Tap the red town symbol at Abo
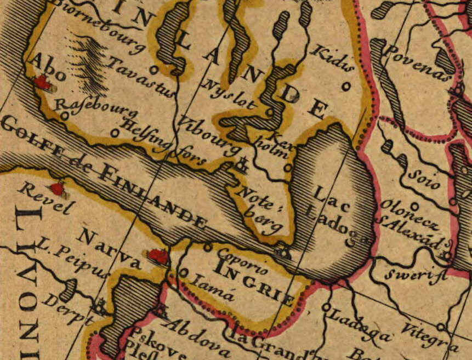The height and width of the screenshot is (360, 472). (x=42, y=83)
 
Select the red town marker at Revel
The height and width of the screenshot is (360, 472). (x=57, y=189)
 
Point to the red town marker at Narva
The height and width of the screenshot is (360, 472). (x=158, y=256)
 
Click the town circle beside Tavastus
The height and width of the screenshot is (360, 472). (x=154, y=70)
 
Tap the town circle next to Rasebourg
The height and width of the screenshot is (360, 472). (x=65, y=116)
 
